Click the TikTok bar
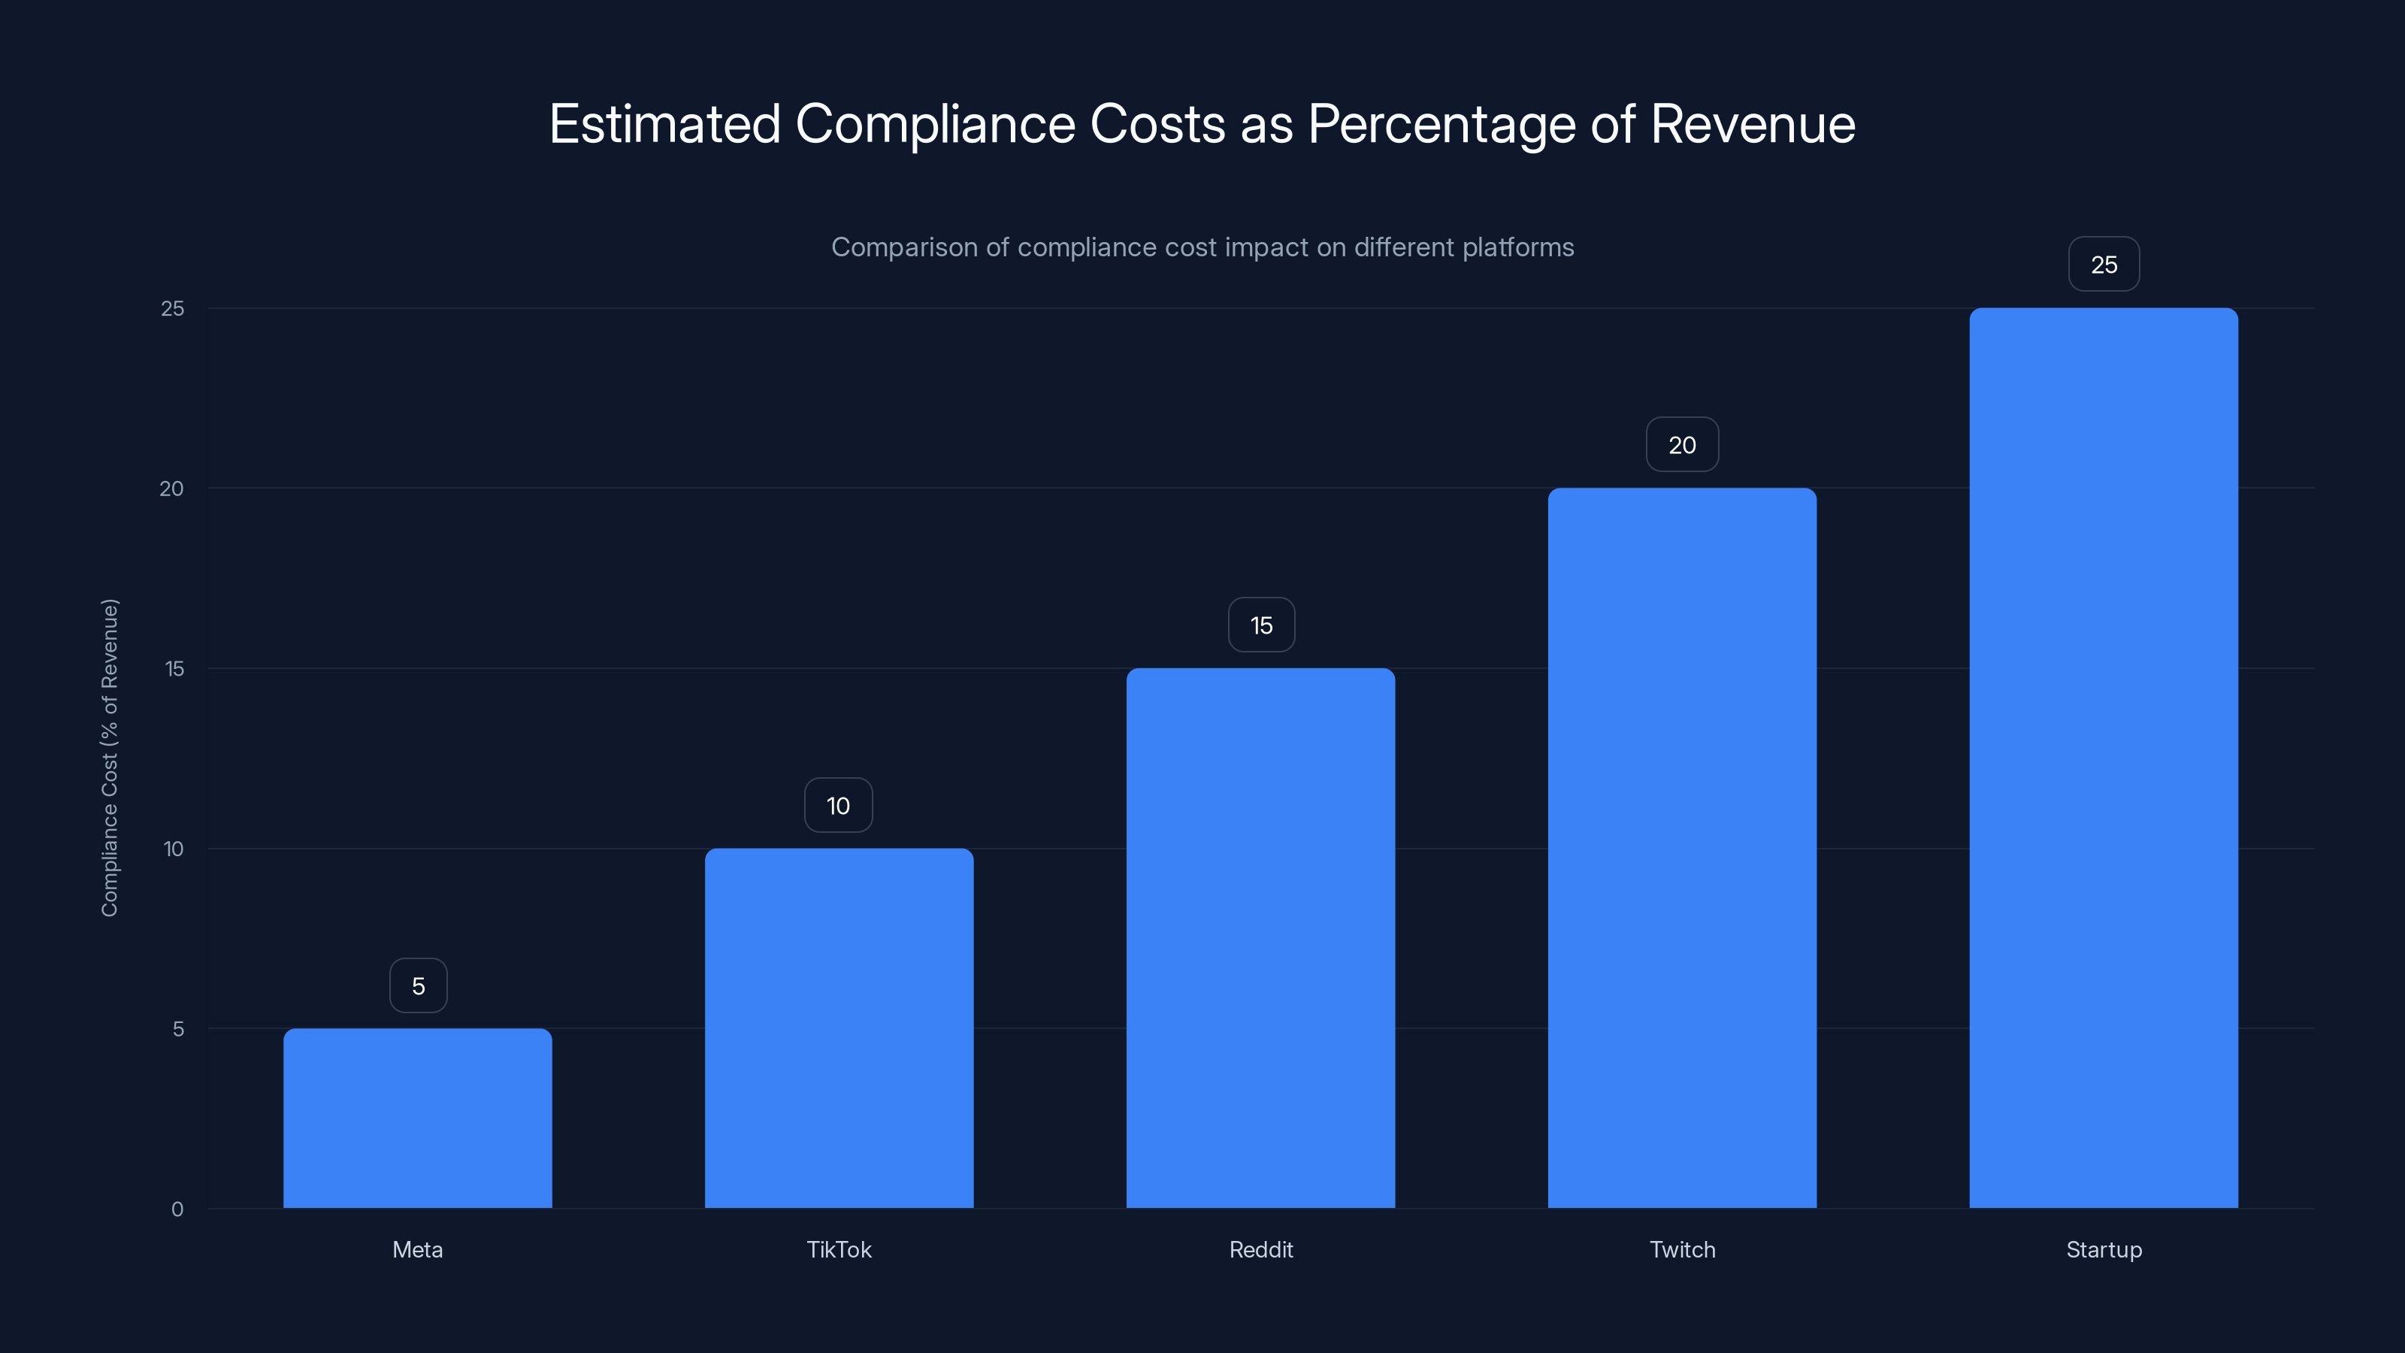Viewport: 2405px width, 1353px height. click(x=839, y=1027)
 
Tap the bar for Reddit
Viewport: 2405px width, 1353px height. click(x=1260, y=937)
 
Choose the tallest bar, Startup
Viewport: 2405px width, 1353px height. click(x=2104, y=757)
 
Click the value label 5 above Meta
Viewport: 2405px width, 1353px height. click(x=419, y=985)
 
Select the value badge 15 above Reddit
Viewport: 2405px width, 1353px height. click(x=1261, y=625)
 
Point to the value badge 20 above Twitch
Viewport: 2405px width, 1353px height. click(x=1681, y=444)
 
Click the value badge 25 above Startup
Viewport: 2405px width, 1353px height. click(x=2104, y=265)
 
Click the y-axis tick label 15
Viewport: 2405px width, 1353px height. click(x=174, y=668)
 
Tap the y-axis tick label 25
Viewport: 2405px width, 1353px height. click(x=173, y=308)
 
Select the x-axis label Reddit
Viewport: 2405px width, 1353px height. click(x=1260, y=1249)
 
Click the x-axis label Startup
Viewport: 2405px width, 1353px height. click(x=2104, y=1249)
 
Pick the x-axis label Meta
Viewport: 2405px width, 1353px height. click(x=417, y=1249)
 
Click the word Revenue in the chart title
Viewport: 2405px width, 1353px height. click(x=1753, y=124)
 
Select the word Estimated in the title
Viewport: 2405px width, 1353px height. click(x=664, y=124)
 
